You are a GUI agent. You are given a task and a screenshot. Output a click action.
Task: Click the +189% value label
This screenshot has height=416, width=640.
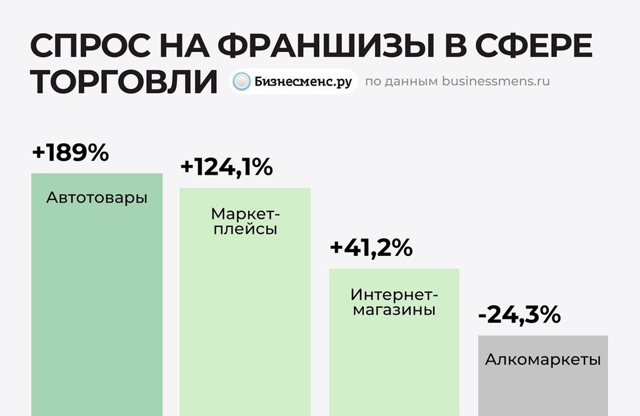[x=70, y=153]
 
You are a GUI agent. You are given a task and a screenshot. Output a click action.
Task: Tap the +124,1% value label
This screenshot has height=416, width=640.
[x=226, y=168]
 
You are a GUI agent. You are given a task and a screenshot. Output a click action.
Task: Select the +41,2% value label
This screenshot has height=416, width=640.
[x=371, y=248]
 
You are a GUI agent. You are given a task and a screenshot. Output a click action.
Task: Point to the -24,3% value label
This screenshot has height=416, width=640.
[x=519, y=315]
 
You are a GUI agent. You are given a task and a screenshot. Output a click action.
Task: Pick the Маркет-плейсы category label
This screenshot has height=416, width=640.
[x=245, y=221]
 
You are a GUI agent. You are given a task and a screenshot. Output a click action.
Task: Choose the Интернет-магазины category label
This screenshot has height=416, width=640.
[x=394, y=302]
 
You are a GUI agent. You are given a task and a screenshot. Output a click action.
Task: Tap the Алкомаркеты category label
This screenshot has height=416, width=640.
[x=542, y=360]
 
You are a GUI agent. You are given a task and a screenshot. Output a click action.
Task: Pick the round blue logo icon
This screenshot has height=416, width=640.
[x=242, y=81]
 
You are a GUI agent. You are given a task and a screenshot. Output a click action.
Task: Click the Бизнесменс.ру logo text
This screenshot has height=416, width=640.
[x=303, y=81]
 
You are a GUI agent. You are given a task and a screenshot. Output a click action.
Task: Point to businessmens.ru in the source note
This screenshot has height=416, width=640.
[x=496, y=81]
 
